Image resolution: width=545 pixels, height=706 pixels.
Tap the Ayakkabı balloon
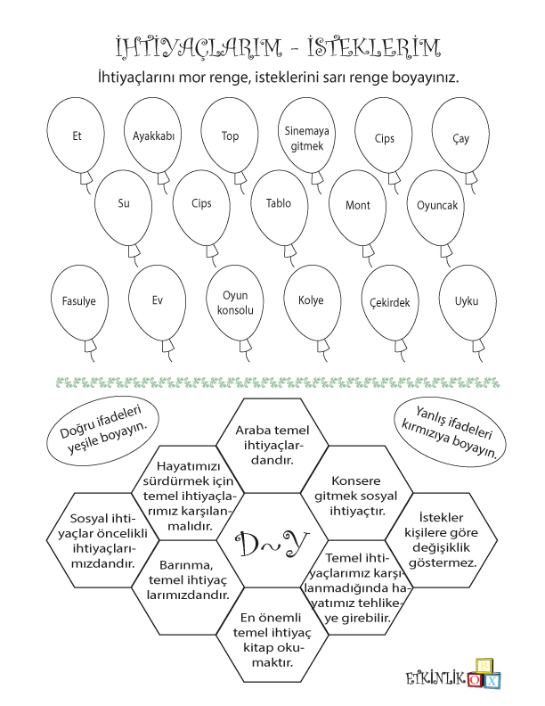pyautogui.click(x=152, y=135)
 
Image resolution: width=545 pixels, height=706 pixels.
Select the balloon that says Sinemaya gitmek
pyautogui.click(x=306, y=136)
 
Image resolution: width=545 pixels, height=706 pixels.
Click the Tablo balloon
pyautogui.click(x=279, y=204)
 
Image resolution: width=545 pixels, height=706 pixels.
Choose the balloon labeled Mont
pyautogui.click(x=357, y=205)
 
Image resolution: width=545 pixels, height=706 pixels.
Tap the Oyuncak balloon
pyautogui.click(x=436, y=205)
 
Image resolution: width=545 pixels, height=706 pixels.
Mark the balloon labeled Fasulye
pyautogui.click(x=78, y=301)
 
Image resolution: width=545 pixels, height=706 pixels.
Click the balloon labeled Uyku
pyautogui.click(x=467, y=301)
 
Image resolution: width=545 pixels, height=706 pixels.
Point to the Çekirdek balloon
pyautogui.click(x=390, y=302)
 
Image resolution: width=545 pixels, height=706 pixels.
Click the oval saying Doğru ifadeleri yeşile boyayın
pyautogui.click(x=107, y=431)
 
